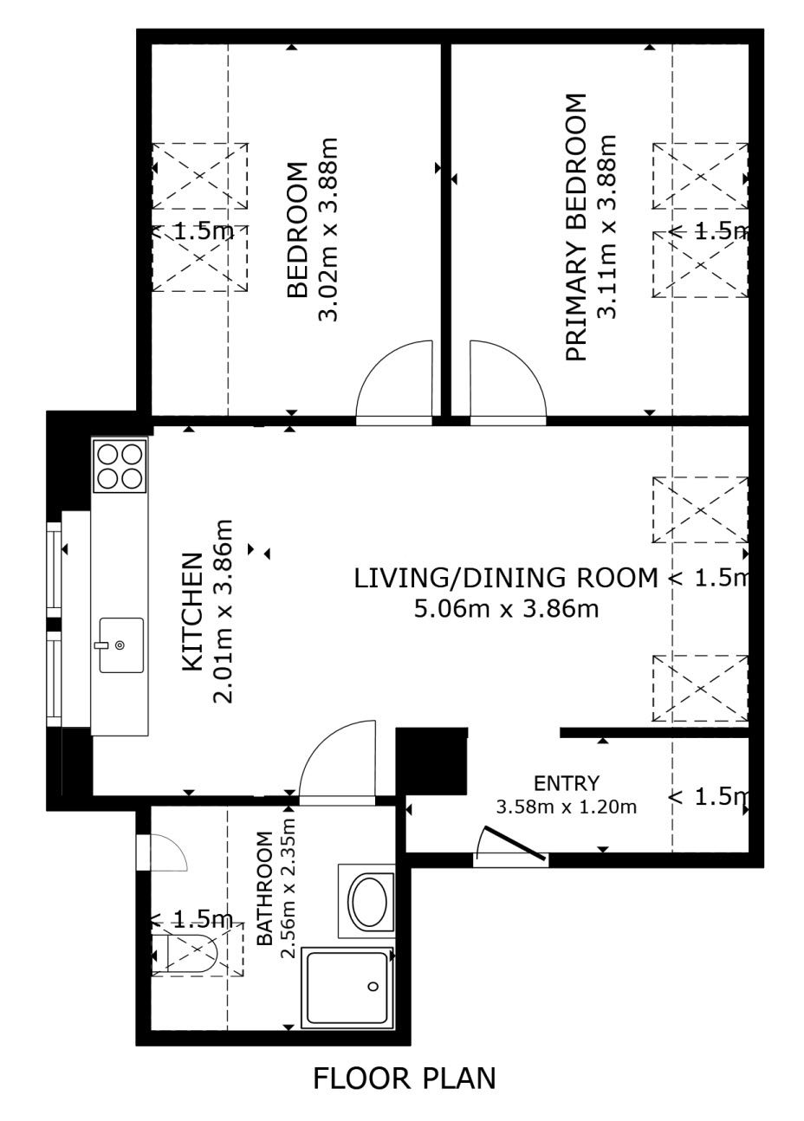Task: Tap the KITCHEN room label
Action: tap(192, 612)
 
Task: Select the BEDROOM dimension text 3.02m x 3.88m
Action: tap(328, 230)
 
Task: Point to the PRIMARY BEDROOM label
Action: tap(576, 227)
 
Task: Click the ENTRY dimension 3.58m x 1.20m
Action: tap(567, 807)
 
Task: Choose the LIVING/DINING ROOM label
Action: tap(506, 578)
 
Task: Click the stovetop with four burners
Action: tap(120, 466)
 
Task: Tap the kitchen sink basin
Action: tap(121, 645)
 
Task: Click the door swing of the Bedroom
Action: tap(394, 379)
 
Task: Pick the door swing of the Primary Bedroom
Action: tap(508, 379)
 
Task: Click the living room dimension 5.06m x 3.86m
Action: tap(506, 609)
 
